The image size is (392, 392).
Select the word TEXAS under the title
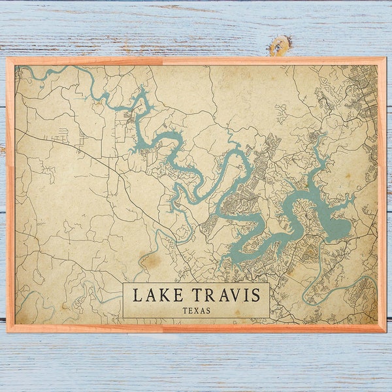[196, 310]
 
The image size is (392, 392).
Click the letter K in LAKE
[163, 295]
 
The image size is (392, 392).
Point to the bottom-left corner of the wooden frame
[8, 331]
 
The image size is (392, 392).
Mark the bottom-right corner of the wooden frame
[384, 331]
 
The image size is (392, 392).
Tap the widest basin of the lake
[336, 227]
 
